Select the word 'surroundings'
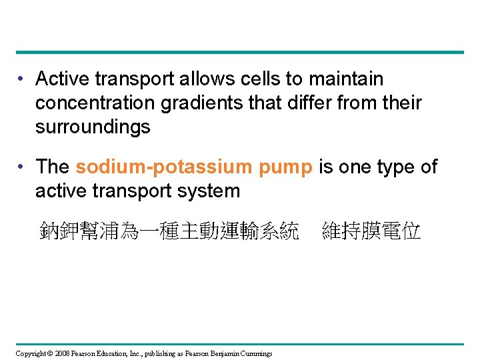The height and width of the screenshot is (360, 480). pyautogui.click(x=93, y=127)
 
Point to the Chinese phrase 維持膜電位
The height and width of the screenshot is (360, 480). pyautogui.click(x=371, y=232)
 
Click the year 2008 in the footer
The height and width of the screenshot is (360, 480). pyautogui.click(x=62, y=353)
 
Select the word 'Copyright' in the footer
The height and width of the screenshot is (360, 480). pyautogui.click(x=30, y=353)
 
